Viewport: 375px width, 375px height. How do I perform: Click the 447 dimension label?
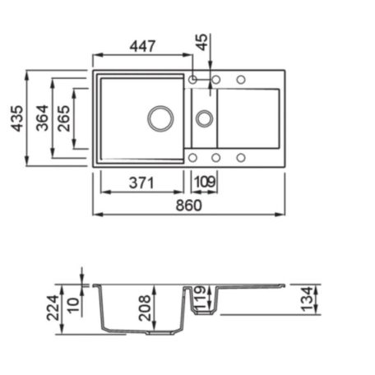pos(142,46)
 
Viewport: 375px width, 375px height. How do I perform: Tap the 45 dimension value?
pos(202,42)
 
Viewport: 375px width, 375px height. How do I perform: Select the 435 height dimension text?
pos(17,118)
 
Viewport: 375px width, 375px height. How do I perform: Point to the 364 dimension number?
pos(42,118)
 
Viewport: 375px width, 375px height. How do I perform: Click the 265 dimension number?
pos(64,118)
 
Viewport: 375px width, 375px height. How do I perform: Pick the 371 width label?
pos(141,183)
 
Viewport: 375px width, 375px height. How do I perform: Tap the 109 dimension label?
pos(205,182)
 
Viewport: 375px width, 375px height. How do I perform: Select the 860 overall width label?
pos(188,206)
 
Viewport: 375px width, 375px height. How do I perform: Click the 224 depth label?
pos(53,308)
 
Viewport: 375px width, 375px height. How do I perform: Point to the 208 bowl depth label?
pos(145,308)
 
